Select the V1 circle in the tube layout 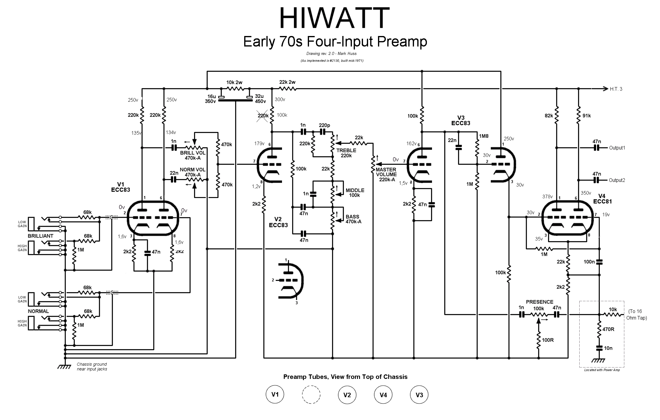click(x=275, y=394)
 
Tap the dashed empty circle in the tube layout click(x=311, y=394)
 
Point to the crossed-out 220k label click(x=263, y=115)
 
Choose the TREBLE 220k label click(x=346, y=153)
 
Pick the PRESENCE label click(x=539, y=302)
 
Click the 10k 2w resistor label click(x=234, y=82)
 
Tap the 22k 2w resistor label click(x=287, y=82)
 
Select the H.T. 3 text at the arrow click(x=616, y=89)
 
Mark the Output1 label click(x=617, y=148)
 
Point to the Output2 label click(x=617, y=180)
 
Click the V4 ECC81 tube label click(x=602, y=199)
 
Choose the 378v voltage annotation click(x=547, y=196)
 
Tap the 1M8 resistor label click(x=484, y=136)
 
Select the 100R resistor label click(x=548, y=340)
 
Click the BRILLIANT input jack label click(x=40, y=236)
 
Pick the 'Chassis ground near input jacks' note click(x=92, y=367)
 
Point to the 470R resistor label click(x=608, y=329)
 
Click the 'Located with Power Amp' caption click(x=602, y=370)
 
